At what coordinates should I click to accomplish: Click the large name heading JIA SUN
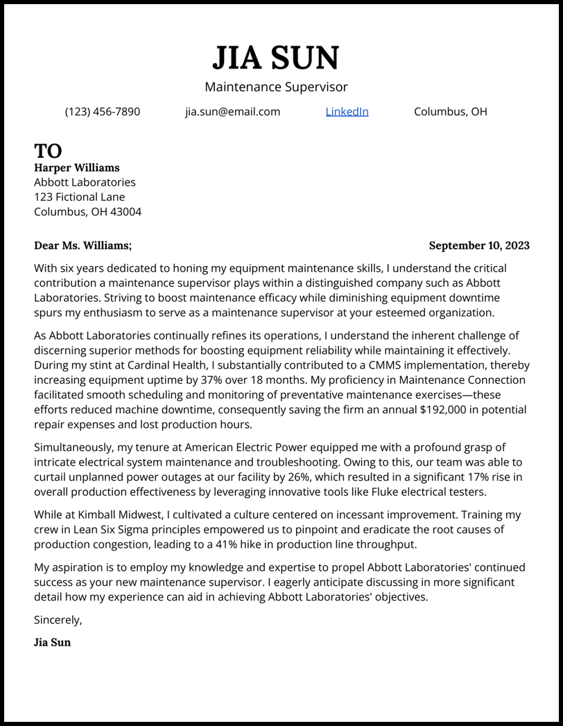coord(276,58)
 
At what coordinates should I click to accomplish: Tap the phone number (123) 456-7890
coord(103,112)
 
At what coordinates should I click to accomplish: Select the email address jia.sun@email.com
coord(232,112)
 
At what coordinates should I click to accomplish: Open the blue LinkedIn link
coord(347,112)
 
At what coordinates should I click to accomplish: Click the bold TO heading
coord(48,150)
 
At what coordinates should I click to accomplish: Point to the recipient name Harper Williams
coord(76,168)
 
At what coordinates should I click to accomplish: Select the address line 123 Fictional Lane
coord(79,197)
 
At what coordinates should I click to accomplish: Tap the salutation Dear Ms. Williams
coord(82,245)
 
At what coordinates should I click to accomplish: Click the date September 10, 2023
coord(479,245)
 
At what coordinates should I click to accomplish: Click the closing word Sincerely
coord(58,620)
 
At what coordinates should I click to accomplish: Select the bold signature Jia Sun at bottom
coord(52,642)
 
